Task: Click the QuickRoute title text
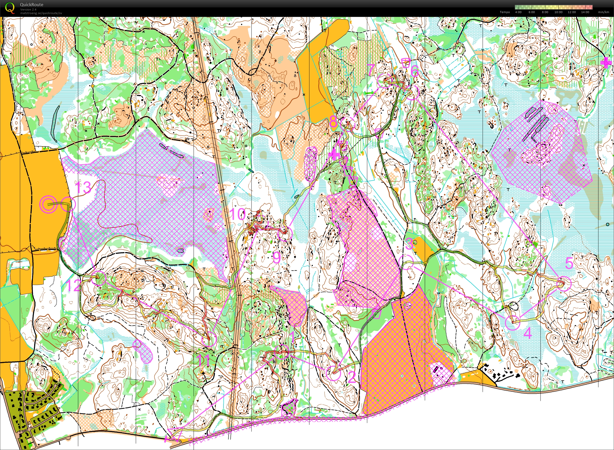(31, 5)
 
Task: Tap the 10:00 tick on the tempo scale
(558, 12)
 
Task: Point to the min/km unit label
(603, 12)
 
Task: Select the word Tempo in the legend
(505, 12)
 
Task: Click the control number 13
(83, 187)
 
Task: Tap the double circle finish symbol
(48, 205)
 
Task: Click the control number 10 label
(238, 214)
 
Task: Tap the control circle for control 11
(209, 339)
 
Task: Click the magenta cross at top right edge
(606, 63)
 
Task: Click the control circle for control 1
(281, 352)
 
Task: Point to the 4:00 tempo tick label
(518, 12)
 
